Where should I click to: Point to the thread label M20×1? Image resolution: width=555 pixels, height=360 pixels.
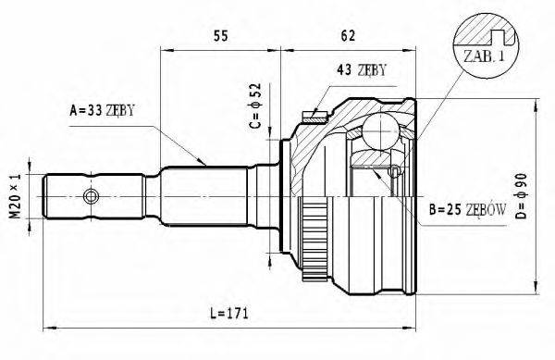point(14,195)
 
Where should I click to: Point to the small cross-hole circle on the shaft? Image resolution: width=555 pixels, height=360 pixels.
point(90,196)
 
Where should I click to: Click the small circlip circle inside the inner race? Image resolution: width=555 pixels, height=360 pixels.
point(396,171)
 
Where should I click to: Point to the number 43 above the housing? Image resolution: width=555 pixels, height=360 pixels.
point(343,70)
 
